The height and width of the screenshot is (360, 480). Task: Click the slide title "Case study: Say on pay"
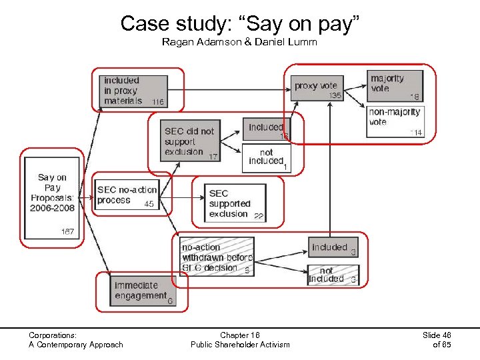(x=240, y=24)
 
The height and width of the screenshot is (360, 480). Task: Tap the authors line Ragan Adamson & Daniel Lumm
(x=239, y=43)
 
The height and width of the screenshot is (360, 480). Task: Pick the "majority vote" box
(x=395, y=86)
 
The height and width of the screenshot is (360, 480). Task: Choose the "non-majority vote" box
(x=395, y=121)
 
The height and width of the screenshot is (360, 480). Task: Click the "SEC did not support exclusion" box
(x=191, y=141)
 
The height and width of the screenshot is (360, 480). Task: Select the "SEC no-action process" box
(x=126, y=195)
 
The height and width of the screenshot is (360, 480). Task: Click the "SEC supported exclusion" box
(x=236, y=203)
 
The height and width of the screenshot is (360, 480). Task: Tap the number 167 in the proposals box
(x=67, y=232)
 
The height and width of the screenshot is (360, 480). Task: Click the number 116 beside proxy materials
(x=157, y=102)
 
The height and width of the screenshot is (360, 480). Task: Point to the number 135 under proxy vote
(x=335, y=96)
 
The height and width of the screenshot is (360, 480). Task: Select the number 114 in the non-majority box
(x=416, y=133)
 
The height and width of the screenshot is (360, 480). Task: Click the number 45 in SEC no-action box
(x=149, y=204)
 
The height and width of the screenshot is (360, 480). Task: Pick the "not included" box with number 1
(x=266, y=157)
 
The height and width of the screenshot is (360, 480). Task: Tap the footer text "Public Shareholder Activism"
(x=240, y=345)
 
